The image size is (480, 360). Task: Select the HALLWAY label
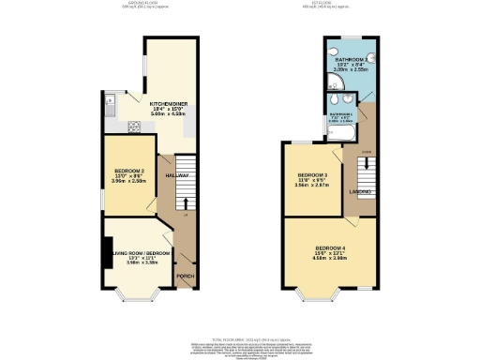(x=177, y=175)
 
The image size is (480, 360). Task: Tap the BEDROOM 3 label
(x=312, y=175)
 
